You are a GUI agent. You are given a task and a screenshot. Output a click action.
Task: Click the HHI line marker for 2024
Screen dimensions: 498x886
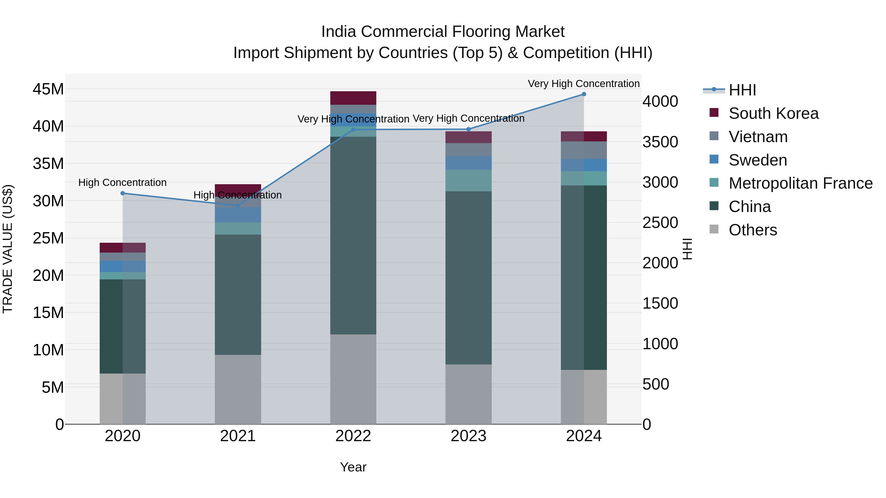click(x=584, y=94)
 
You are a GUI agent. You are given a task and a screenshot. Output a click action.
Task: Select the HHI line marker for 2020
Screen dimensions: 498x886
click(x=123, y=193)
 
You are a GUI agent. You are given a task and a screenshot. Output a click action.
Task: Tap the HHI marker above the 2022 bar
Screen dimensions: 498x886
click(x=353, y=130)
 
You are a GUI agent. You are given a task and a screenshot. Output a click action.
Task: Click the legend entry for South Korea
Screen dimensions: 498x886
click(x=773, y=113)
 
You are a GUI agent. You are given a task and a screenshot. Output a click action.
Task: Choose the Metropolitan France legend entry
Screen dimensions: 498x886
click(x=800, y=183)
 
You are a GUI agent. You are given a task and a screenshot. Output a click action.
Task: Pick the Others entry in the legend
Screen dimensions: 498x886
click(x=753, y=230)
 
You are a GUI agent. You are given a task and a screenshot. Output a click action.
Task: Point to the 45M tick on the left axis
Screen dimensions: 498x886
click(x=48, y=89)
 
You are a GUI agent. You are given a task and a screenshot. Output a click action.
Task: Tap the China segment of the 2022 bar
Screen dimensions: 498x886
click(x=353, y=235)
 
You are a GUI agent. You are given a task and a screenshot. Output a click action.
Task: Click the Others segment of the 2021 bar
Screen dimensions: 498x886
click(x=238, y=389)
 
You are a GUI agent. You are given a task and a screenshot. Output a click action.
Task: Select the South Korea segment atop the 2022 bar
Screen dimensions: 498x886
click(x=353, y=98)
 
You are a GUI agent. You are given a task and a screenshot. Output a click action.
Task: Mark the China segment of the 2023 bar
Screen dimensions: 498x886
click(x=468, y=278)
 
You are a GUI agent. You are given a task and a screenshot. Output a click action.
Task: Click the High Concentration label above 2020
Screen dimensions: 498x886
click(x=123, y=182)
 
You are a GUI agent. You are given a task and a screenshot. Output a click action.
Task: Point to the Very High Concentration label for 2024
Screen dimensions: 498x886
click(x=584, y=84)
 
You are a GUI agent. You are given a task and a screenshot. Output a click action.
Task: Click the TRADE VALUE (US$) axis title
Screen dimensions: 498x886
click(x=8, y=249)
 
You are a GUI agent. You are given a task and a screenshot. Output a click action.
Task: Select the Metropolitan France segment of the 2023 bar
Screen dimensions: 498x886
click(x=468, y=181)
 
